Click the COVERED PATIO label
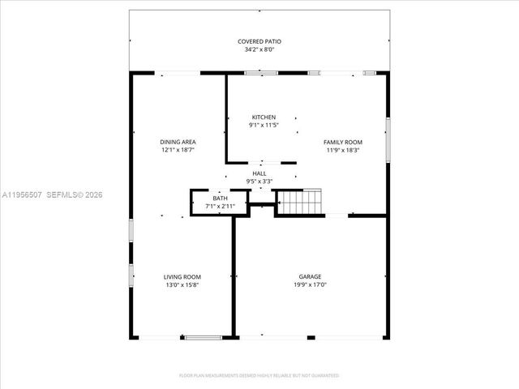259,41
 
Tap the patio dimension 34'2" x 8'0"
259,49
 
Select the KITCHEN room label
264,117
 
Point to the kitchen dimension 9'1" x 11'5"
264,125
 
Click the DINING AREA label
177,142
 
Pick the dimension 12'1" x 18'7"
177,150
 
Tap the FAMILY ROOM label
343,142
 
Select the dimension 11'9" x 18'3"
343,150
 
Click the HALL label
259,173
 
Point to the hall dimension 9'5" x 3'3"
259,182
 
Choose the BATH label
221,199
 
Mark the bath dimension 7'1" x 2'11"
221,207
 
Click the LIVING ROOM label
182,277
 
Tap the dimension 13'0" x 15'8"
182,285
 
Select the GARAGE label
309,277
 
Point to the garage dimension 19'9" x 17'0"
309,285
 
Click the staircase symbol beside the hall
301,201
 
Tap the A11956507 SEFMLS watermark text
53,194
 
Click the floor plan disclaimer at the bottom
259,375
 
